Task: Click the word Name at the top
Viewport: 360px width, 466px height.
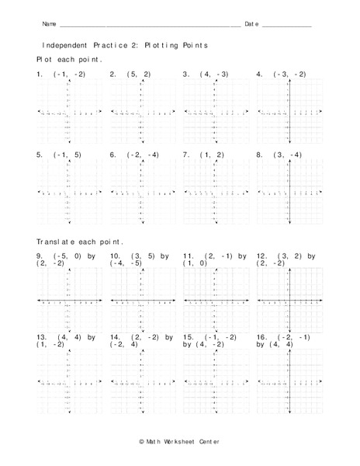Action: click(48, 24)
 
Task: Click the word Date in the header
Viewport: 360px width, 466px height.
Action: click(251, 24)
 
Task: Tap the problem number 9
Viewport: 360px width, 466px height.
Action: click(40, 256)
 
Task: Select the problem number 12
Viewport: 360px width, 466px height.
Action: click(261, 256)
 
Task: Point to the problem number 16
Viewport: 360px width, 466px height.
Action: click(261, 337)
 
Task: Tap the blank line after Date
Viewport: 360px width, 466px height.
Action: click(286, 26)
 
